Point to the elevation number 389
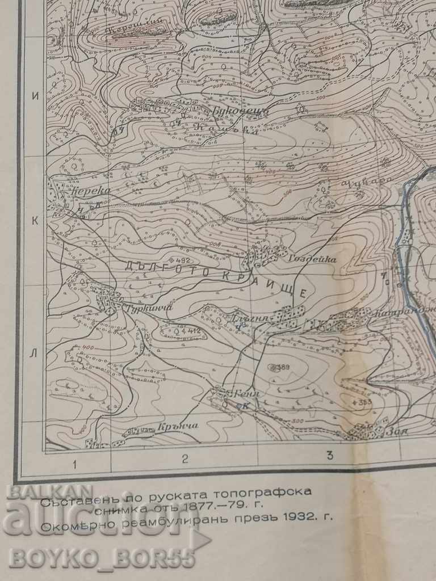pos(282,367)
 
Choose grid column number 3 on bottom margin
pos(329,455)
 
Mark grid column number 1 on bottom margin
pos(74,465)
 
